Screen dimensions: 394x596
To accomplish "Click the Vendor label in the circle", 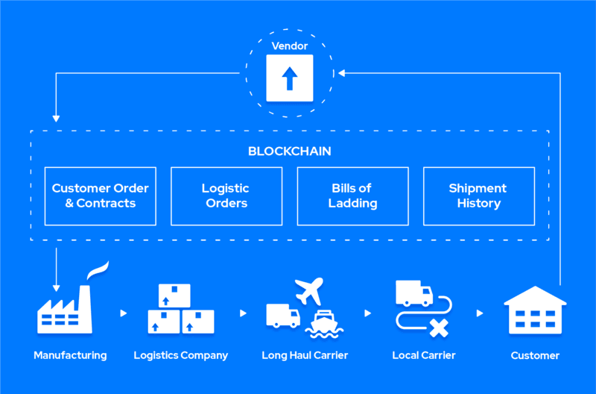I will (290, 46).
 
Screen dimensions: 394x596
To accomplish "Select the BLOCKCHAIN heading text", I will (289, 151).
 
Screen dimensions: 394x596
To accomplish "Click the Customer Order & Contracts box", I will (100, 196).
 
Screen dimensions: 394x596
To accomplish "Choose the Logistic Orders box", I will (226, 196).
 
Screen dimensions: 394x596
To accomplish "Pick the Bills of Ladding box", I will (352, 196).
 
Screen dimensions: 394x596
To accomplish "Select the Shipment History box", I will (478, 196).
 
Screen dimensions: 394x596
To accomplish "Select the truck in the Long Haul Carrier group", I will (282, 315).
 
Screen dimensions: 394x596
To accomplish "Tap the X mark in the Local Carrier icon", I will (440, 326).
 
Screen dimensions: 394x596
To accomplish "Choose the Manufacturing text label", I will (70, 355).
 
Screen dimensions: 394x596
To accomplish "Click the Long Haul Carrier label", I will (305, 355).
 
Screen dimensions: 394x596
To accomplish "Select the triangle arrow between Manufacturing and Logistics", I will (124, 313).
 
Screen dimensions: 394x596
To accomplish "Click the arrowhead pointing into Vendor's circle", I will (341, 73).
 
